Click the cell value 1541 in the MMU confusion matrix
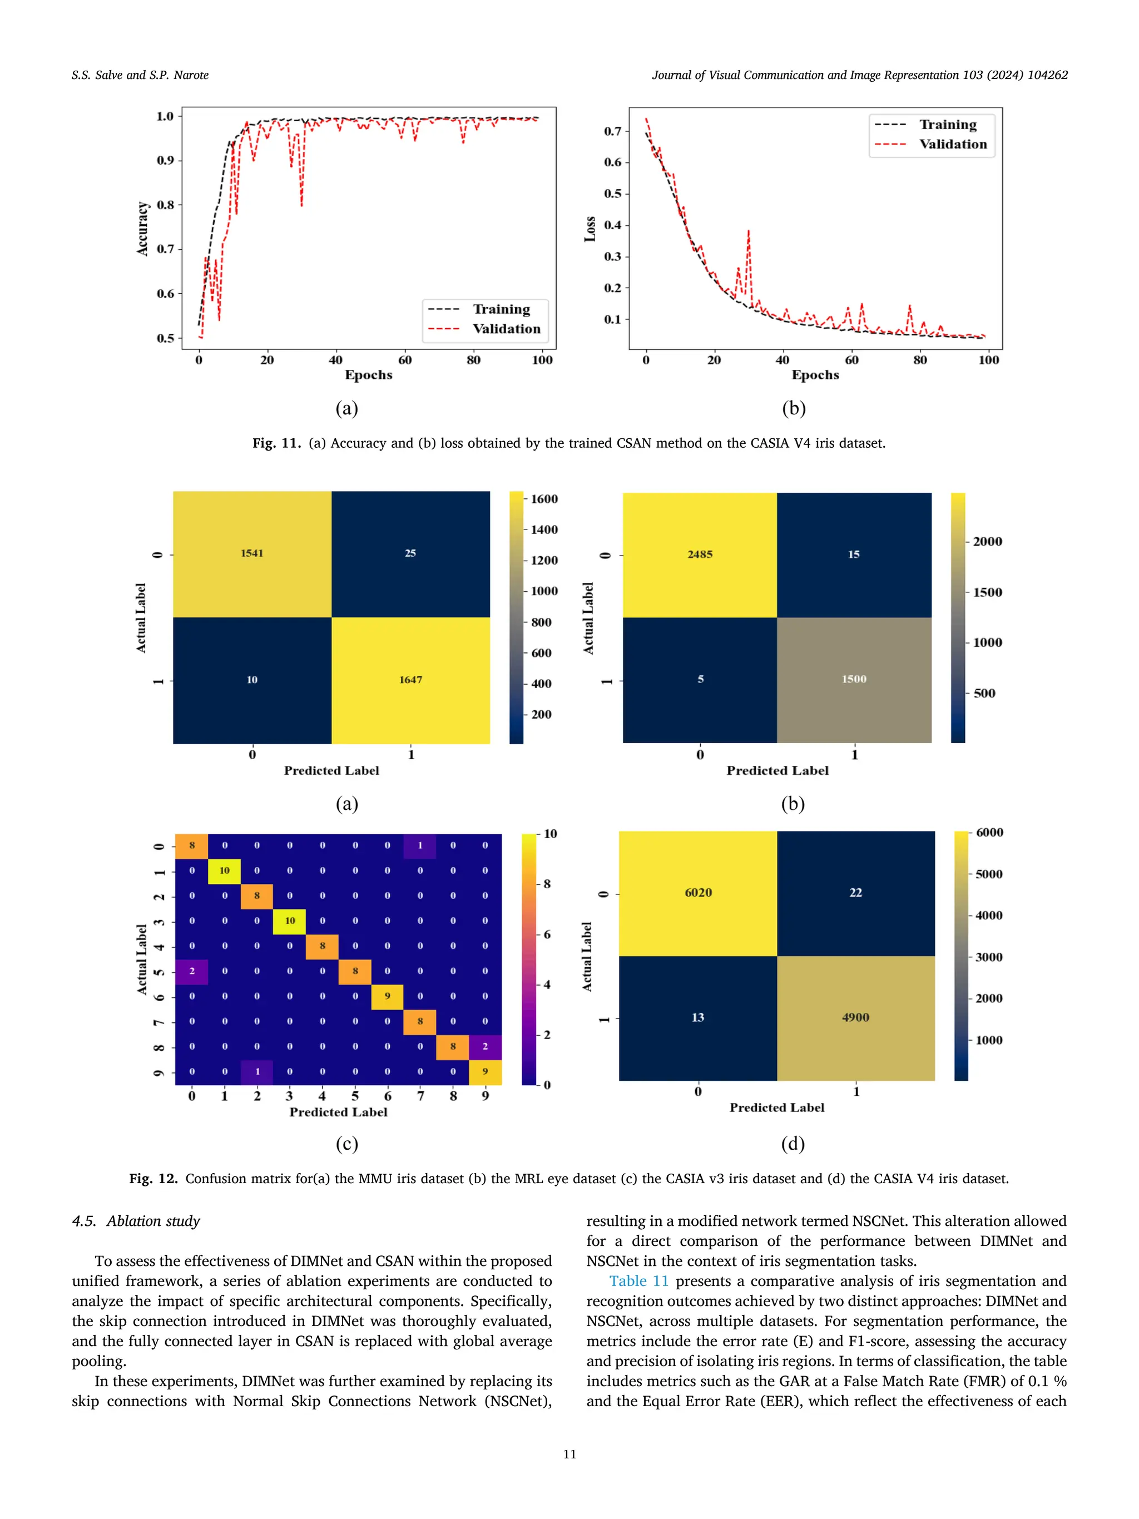[252, 553]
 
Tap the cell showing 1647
[410, 679]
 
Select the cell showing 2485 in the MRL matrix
[700, 553]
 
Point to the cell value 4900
[855, 1017]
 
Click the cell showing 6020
[698, 892]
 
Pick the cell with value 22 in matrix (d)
[855, 892]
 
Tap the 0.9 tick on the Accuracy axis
[166, 160]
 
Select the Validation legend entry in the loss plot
[952, 144]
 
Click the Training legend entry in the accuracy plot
[501, 309]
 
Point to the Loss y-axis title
[590, 229]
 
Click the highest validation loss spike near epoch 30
[749, 231]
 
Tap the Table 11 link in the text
[638, 1281]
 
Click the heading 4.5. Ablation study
[136, 1221]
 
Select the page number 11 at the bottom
[569, 1454]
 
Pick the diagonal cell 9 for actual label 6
[387, 996]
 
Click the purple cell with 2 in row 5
[191, 971]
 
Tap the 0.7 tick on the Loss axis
[612, 131]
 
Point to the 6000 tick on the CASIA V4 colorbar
[989, 832]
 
